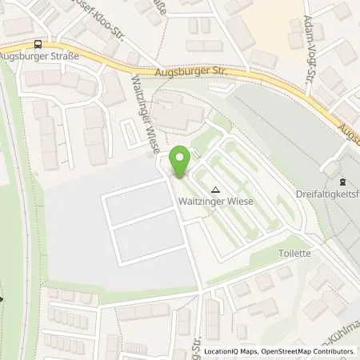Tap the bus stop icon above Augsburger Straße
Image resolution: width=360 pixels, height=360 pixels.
(38, 45)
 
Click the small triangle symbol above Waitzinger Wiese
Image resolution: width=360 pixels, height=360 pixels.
(215, 190)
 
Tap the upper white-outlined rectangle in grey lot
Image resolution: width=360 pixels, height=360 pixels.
(139, 203)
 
